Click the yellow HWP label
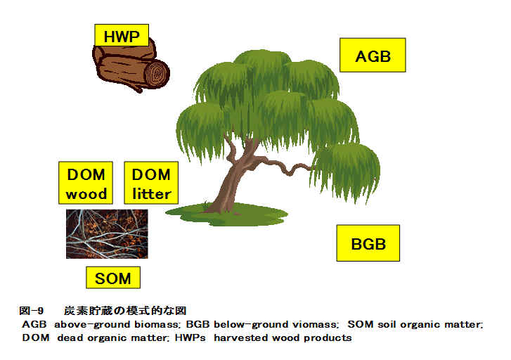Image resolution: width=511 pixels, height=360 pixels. coord(122,35)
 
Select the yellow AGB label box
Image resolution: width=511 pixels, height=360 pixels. coord(373,55)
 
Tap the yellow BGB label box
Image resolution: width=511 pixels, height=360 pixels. coord(368,243)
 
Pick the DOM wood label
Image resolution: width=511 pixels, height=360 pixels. coord(86,183)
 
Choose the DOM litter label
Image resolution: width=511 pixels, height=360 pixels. coord(151,183)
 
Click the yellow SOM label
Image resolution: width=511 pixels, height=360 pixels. coord(113,278)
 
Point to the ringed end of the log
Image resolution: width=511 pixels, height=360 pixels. coord(157,73)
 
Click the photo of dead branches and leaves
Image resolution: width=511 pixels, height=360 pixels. coord(107,234)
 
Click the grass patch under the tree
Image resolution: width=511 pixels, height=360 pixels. coord(226,214)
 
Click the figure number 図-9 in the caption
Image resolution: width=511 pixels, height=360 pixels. coord(32,311)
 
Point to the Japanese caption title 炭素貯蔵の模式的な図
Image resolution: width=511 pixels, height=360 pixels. coord(125,311)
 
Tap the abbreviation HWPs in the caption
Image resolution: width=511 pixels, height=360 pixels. coord(190,337)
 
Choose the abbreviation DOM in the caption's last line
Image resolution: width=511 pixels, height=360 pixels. coord(36,337)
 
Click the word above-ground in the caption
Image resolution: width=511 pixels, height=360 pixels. coord(92,325)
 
